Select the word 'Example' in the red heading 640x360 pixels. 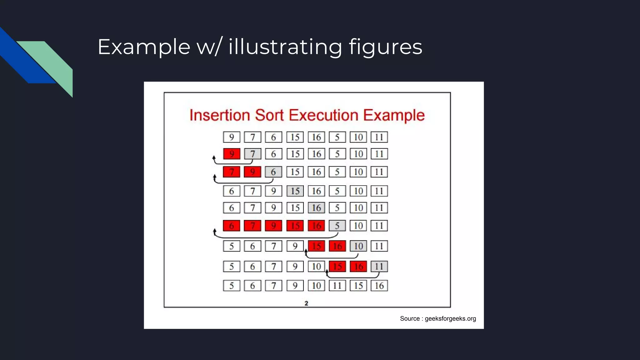click(394, 115)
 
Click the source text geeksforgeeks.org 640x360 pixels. click(437, 318)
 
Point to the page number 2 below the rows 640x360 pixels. click(306, 303)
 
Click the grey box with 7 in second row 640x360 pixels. click(252, 154)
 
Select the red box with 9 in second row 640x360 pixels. click(232, 154)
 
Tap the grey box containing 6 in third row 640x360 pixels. click(273, 172)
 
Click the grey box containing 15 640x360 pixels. click(295, 191)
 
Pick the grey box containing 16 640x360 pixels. click(316, 208)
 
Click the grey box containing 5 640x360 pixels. click(337, 226)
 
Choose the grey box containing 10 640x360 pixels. click(358, 246)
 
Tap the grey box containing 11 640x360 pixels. click(379, 267)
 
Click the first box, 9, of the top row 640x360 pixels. click(232, 137)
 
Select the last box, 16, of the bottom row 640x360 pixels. click(379, 286)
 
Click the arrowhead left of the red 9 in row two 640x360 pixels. click(214, 158)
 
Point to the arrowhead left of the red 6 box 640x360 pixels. click(215, 231)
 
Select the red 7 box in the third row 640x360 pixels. click(232, 172)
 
